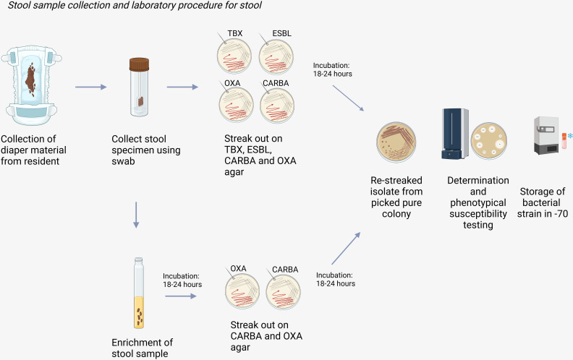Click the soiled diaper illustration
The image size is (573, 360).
coord(31,85)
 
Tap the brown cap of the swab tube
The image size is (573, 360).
coord(139,64)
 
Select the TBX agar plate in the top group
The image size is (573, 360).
coord(234,56)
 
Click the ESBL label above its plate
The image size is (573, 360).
coord(281,33)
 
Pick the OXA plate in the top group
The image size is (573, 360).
coord(236,106)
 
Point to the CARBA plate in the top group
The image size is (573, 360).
coord(277,106)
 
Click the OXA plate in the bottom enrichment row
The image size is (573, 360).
coord(242,292)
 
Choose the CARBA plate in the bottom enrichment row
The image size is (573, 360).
coord(283,292)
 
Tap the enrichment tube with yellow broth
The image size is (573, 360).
coord(139,293)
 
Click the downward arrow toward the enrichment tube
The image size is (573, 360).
coord(136,215)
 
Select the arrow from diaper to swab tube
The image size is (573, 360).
coord(91,87)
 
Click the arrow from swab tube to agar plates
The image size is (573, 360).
coord(182,87)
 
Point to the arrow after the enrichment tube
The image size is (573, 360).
coord(181,296)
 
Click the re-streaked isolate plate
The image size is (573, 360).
coord(396,142)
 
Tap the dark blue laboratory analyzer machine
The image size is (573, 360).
coord(455,134)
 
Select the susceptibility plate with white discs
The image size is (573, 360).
coord(488,140)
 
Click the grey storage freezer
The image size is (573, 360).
coord(547,135)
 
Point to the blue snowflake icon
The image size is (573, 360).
coord(570,136)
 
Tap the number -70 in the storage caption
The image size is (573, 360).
coord(561,213)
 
